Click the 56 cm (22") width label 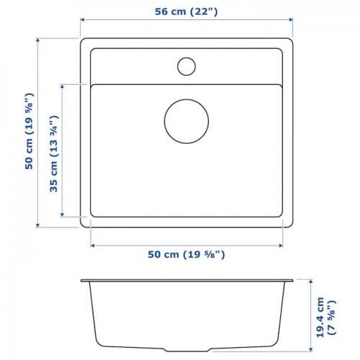(x=186, y=12)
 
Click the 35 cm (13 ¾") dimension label (x=54, y=154)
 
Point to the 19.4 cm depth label (x=320, y=318)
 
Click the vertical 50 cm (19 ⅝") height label (x=29, y=131)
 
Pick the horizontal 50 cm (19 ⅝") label (x=186, y=254)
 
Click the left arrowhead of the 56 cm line (x=82, y=19)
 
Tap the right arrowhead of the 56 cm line (x=291, y=19)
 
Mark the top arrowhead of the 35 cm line (x=62, y=86)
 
